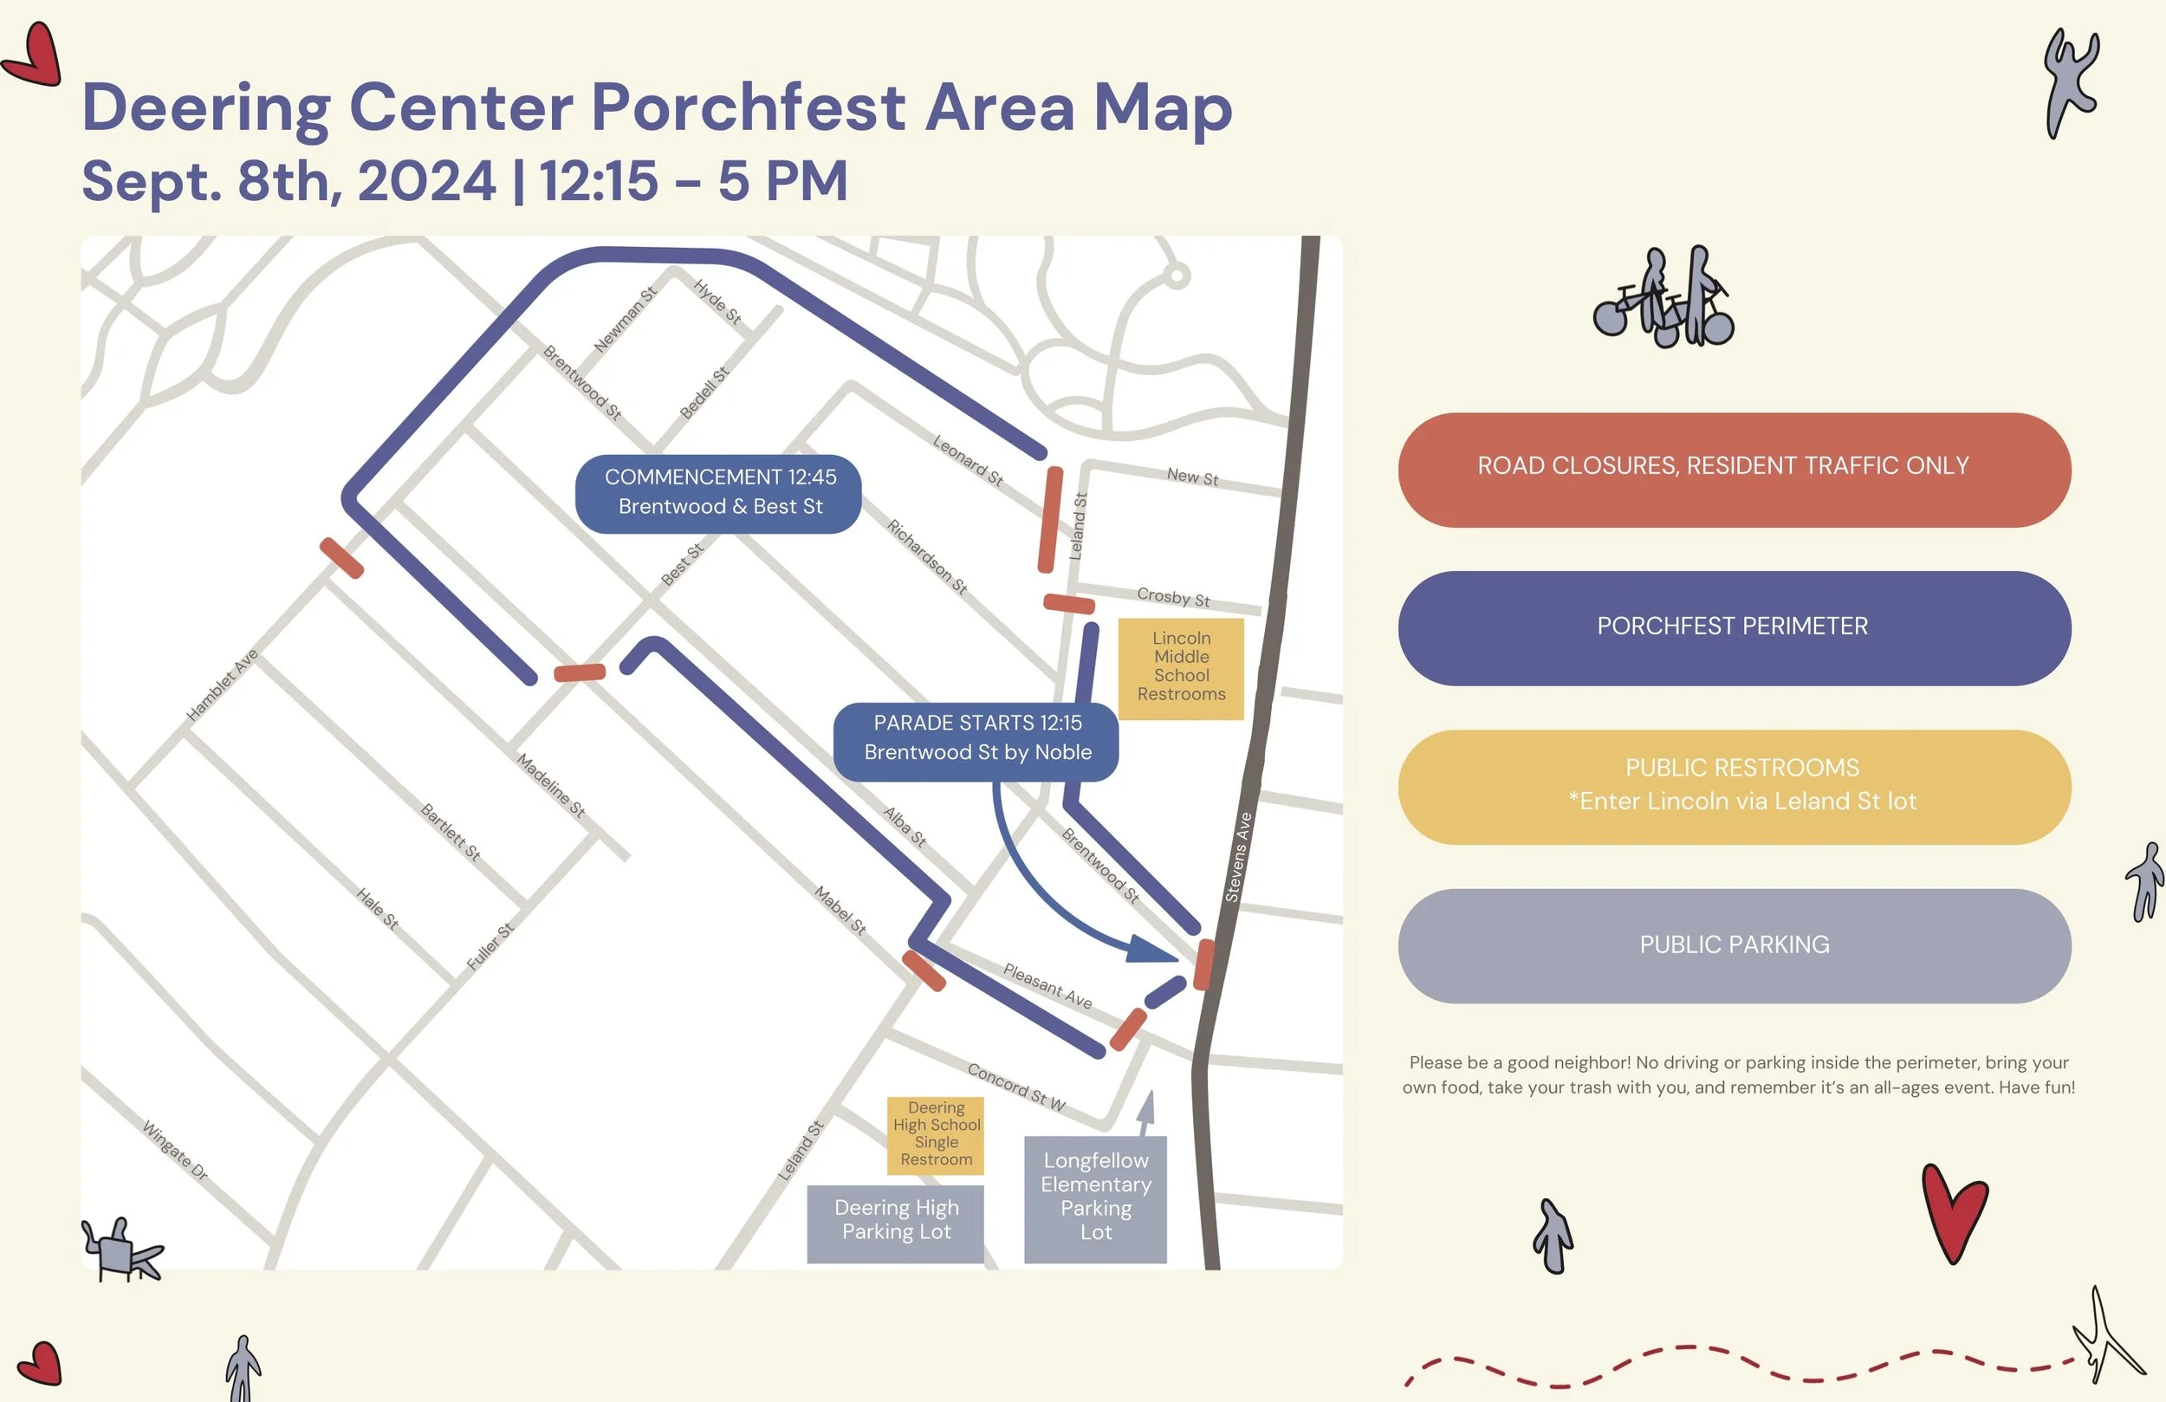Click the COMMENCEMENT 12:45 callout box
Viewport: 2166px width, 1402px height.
coord(719,493)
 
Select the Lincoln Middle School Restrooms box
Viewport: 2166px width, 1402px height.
coord(1180,668)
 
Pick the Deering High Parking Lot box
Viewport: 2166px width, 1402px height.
coord(896,1222)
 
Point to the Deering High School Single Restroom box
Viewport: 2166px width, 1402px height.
coord(936,1134)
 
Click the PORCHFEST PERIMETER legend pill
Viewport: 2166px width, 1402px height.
coord(1734,628)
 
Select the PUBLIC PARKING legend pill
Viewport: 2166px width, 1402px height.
coord(1734,946)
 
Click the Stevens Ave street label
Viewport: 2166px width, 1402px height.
coord(1238,858)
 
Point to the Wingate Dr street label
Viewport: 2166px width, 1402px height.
coord(176,1151)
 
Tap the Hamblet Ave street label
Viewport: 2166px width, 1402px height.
coord(222,685)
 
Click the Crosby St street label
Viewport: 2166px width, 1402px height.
coord(1173,597)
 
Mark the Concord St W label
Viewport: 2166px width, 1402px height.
coord(1015,1087)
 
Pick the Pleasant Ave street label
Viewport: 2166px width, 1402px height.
coord(1047,986)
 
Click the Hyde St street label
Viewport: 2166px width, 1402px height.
coord(717,302)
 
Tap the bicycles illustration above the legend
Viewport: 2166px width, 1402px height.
coord(1663,299)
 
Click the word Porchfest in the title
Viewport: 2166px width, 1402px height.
coord(748,107)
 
